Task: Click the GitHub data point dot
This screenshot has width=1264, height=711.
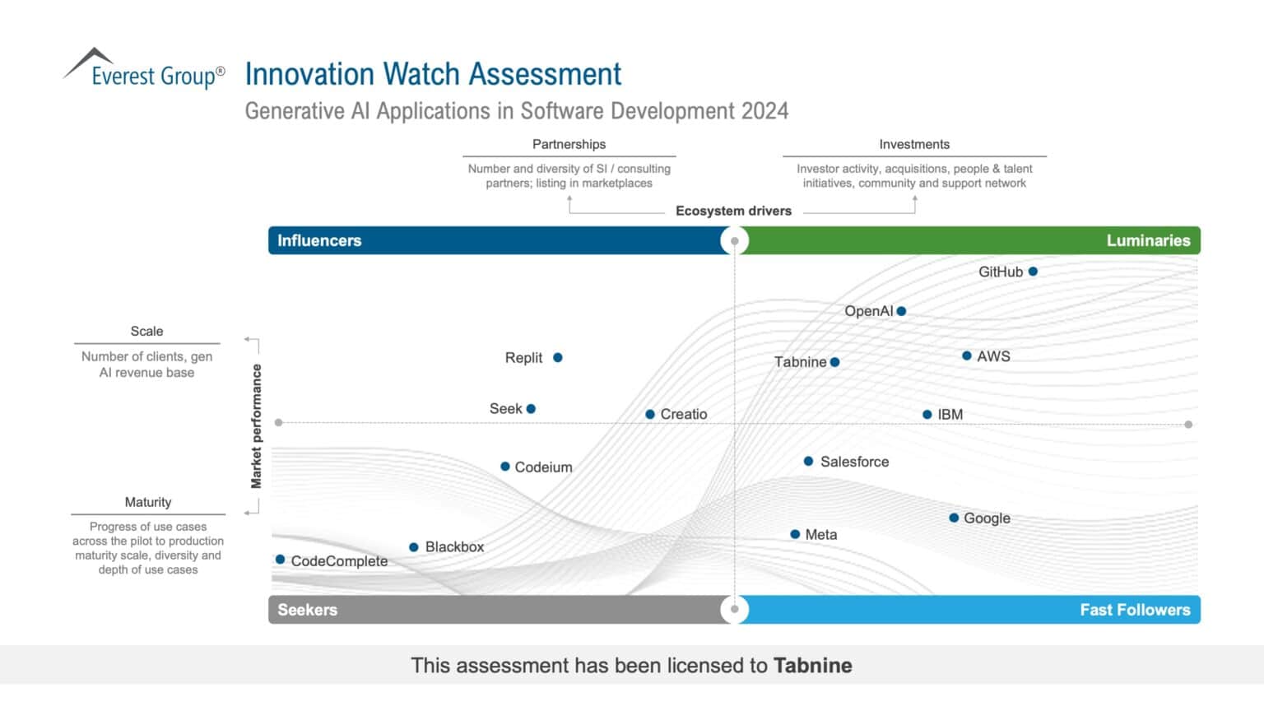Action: pyautogui.click(x=1033, y=272)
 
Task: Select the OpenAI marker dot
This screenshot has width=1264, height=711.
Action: pyautogui.click(x=902, y=311)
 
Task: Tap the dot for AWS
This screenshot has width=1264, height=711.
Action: pyautogui.click(x=967, y=356)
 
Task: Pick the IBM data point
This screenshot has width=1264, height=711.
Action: pyautogui.click(x=927, y=415)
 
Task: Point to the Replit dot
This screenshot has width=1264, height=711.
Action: pyautogui.click(x=558, y=358)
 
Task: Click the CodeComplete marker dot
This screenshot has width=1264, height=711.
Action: pyautogui.click(x=281, y=560)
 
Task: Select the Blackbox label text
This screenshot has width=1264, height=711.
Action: pyautogui.click(x=454, y=547)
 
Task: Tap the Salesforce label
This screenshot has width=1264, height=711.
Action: pyautogui.click(x=854, y=462)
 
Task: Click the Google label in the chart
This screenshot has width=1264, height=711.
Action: pyautogui.click(x=987, y=518)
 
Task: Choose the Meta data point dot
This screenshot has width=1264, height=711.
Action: pyautogui.click(x=795, y=534)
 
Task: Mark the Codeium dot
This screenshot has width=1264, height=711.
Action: pyautogui.click(x=505, y=467)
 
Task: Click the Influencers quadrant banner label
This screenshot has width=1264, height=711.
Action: pyautogui.click(x=319, y=240)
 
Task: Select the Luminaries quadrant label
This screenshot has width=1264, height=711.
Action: pyautogui.click(x=1148, y=240)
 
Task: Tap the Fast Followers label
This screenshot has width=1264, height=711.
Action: pyautogui.click(x=1135, y=610)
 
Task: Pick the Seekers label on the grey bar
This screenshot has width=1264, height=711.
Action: pyautogui.click(x=307, y=610)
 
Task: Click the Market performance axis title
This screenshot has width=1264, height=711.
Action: pyautogui.click(x=257, y=426)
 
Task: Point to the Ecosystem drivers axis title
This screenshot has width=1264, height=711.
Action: pyautogui.click(x=733, y=211)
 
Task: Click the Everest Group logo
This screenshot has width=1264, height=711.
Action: pyautogui.click(x=144, y=70)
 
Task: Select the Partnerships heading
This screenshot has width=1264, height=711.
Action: pyautogui.click(x=569, y=144)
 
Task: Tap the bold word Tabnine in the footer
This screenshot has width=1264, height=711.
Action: pyautogui.click(x=812, y=666)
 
